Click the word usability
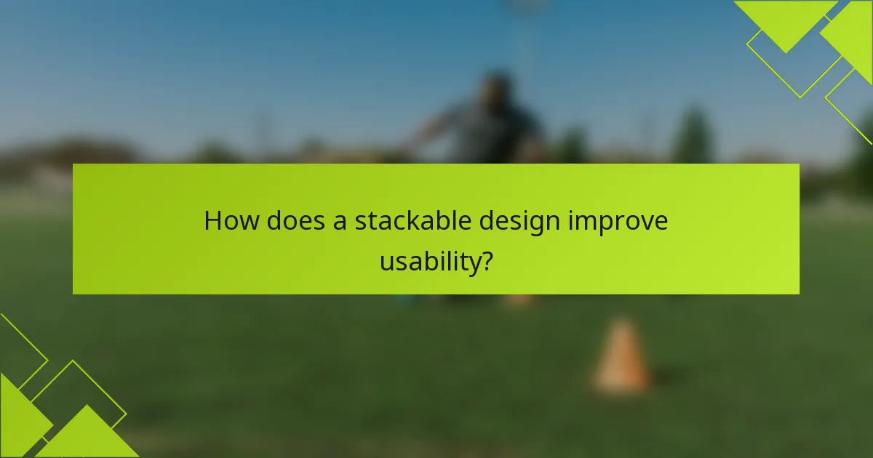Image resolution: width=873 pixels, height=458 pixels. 428,262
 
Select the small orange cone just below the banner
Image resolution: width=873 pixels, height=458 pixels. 519,300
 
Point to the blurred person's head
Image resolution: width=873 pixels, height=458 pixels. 498,87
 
